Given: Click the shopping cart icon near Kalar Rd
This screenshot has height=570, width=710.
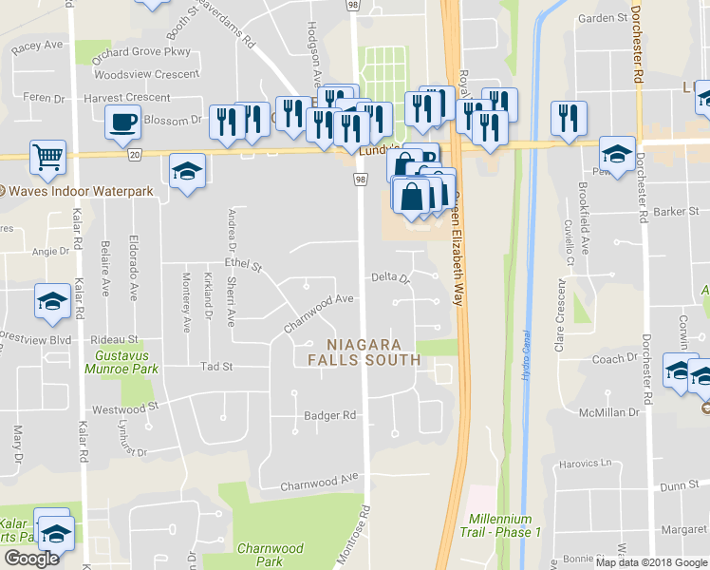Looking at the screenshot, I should pos(47,158).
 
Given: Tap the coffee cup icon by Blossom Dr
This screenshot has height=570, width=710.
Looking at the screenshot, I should pos(123,122).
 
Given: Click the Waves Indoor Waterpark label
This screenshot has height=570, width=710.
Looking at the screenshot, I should pos(80,191).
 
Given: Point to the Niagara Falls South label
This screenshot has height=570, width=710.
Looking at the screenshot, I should pos(364,351).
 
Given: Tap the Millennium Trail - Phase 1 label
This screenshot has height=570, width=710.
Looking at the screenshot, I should pos(504,525).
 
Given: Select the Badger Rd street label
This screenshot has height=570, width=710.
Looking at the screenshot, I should pos(329,415).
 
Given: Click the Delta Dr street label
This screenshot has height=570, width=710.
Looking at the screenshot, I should pos(389,278).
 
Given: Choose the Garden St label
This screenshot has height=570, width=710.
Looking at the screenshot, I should pos(597,18).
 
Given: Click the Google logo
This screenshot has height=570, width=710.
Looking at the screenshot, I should pos(31,559).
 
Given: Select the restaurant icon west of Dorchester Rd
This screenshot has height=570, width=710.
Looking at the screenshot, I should pos(569,119).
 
